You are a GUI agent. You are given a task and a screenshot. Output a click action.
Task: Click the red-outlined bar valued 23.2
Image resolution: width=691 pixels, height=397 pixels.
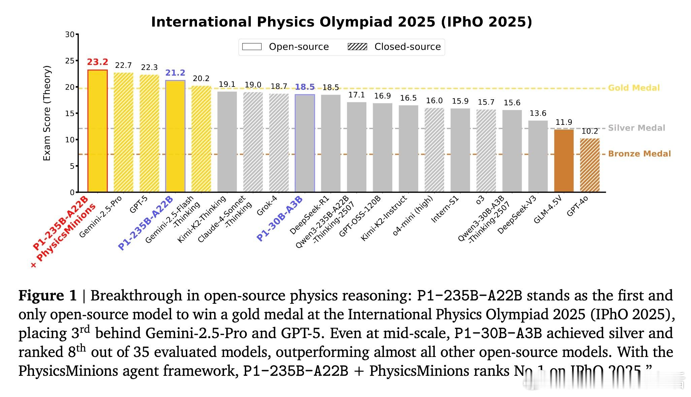97,131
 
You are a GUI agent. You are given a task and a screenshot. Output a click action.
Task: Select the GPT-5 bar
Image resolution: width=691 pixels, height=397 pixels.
149,134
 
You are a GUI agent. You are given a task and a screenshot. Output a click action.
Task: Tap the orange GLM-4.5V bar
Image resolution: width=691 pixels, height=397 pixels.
564,161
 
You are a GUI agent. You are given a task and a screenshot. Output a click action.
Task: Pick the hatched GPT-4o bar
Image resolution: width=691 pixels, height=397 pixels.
590,165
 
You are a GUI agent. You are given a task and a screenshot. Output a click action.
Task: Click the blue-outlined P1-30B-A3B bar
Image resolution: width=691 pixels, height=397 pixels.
305,143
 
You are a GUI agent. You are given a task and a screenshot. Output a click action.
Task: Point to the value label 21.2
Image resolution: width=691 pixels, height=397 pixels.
175,73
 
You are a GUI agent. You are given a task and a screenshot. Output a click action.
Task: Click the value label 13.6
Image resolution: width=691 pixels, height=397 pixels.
538,113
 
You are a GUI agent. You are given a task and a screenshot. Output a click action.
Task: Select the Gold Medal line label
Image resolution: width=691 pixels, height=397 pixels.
634,88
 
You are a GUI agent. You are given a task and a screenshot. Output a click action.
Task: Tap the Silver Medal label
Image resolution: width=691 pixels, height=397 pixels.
636,128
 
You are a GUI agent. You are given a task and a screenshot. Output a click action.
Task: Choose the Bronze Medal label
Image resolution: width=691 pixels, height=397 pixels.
639,154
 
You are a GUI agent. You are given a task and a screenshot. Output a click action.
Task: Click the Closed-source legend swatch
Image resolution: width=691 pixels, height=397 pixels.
357,47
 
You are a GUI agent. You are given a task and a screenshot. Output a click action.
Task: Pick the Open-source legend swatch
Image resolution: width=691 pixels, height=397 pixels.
252,47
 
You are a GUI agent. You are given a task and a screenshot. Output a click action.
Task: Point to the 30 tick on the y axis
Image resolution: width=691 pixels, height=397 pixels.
70,35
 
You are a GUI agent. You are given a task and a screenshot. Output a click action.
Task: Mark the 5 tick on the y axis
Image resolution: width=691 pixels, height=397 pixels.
72,166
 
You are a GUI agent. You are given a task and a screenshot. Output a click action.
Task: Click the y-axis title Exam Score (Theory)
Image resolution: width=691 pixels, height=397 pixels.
47,113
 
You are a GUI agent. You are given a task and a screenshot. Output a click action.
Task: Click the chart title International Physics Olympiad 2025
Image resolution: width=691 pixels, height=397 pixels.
341,22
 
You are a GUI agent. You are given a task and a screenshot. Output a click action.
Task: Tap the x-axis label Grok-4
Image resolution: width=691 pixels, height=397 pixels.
267,206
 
